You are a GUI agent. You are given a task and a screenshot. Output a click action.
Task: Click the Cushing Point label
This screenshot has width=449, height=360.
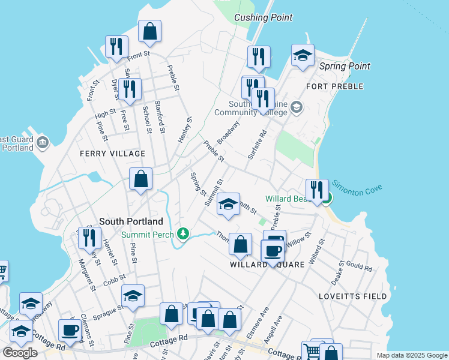263,17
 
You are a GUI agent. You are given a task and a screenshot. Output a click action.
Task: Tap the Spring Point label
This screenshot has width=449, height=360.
345,66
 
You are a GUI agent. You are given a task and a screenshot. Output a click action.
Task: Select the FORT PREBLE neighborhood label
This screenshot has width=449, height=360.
334,86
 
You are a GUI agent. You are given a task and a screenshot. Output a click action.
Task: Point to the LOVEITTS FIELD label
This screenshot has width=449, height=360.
353,296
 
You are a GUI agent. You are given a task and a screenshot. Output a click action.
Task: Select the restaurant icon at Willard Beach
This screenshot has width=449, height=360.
317,191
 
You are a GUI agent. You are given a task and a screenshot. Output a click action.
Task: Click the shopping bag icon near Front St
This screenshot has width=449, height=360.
149,31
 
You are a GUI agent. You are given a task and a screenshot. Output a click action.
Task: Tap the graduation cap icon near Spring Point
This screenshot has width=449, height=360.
303,56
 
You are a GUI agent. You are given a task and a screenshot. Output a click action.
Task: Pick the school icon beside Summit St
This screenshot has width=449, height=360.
228,204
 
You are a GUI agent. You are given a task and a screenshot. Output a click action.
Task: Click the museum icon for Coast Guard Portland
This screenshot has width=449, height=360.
43,142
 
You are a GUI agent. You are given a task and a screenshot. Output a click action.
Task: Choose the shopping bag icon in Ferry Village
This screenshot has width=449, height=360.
140,179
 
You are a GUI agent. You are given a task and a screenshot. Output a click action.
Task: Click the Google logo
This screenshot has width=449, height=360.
20,353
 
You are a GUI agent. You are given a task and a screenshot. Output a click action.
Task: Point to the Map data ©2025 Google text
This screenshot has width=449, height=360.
411,355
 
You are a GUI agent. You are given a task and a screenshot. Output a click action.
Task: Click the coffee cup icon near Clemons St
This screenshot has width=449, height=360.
70,330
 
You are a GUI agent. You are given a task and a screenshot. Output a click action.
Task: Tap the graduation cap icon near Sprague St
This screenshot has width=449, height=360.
133,295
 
